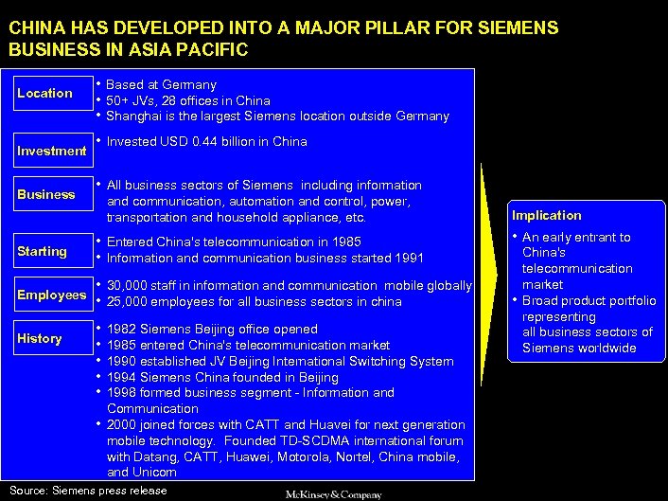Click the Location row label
[x=44, y=93]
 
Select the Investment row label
[x=51, y=151]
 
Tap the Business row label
[x=45, y=194]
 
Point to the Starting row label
[x=43, y=251]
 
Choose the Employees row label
[x=51, y=295]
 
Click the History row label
[x=40, y=338]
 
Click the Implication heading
[x=547, y=215]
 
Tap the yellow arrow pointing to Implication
[x=495, y=283]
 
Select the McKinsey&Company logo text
[x=334, y=494]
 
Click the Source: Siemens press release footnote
[x=88, y=490]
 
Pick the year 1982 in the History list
[x=121, y=330]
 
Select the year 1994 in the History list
[x=121, y=377]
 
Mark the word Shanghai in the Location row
[x=134, y=116]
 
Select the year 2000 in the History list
[x=121, y=424]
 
